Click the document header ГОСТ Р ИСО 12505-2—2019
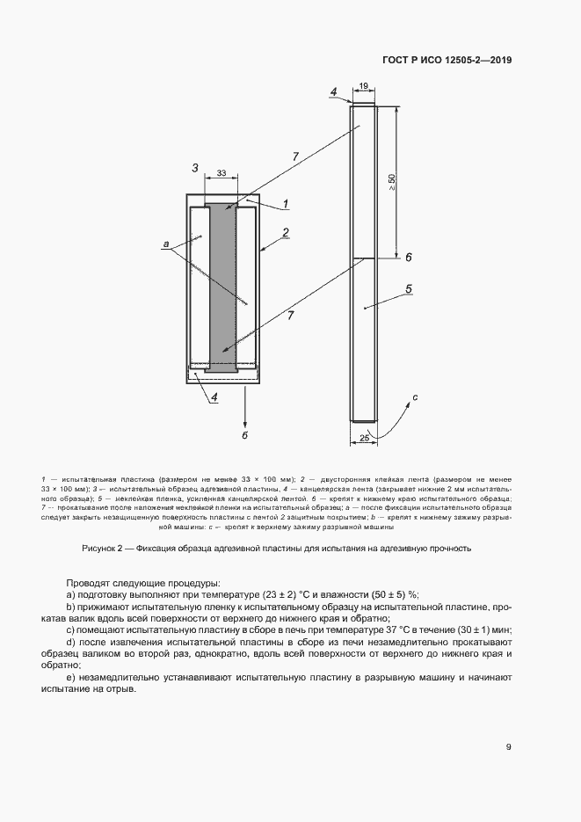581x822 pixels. point(447,61)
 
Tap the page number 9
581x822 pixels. point(508,747)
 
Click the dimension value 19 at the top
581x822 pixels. point(363,86)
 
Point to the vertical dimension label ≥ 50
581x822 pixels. point(391,182)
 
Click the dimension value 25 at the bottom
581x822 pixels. point(364,435)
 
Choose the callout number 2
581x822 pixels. point(286,233)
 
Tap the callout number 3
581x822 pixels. point(194,167)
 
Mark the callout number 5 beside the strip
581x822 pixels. point(409,288)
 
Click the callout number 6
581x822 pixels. point(409,257)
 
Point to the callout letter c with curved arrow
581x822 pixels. point(414,398)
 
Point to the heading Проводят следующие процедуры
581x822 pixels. point(142,583)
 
